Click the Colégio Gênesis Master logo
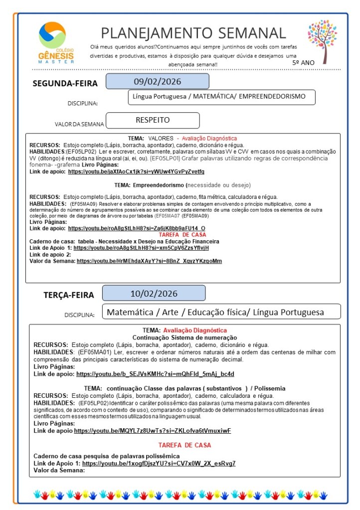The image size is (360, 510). (x=56, y=42)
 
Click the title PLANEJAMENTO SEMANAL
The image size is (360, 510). (x=193, y=33)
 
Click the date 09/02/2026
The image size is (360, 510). (x=157, y=81)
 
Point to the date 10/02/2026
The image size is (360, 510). (x=154, y=293)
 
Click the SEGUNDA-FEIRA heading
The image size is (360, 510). (x=65, y=83)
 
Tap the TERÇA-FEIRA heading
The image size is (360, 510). (x=68, y=295)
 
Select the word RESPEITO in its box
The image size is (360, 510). (x=153, y=120)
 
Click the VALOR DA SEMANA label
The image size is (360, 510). (x=80, y=124)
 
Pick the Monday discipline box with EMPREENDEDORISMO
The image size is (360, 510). (x=221, y=97)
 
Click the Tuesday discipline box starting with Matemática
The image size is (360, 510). (x=221, y=312)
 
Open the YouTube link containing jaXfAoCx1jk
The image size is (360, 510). (x=136, y=171)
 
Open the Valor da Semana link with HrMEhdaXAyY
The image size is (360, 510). (x=149, y=261)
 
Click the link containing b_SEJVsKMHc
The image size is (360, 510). (x=155, y=374)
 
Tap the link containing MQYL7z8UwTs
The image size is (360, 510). (x=153, y=431)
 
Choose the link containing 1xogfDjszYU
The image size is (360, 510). (x=159, y=463)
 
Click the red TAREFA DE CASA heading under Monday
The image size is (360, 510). (x=182, y=234)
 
